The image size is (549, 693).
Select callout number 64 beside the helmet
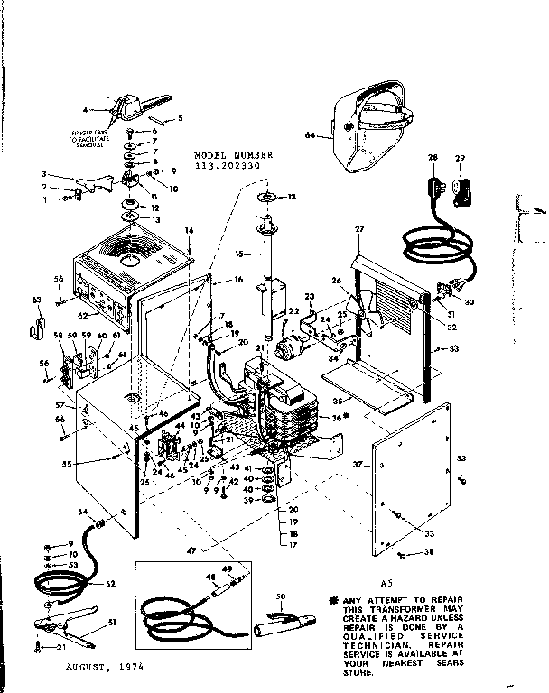(x=311, y=136)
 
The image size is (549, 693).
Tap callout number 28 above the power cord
(x=433, y=158)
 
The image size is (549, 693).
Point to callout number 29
(x=460, y=158)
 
